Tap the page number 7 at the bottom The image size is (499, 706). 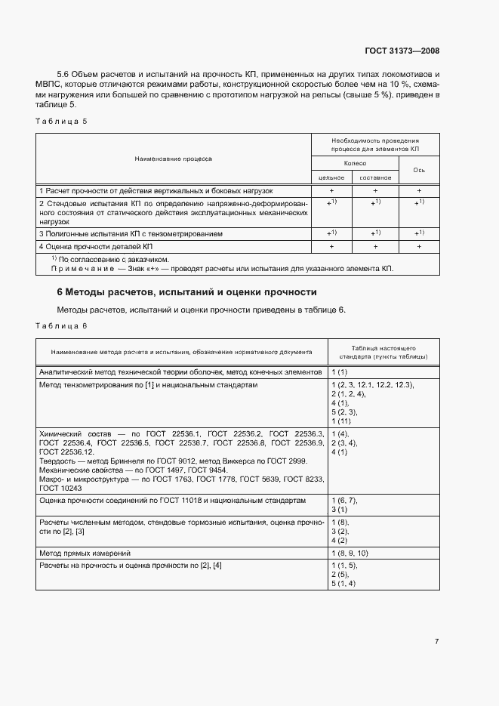pos(436,641)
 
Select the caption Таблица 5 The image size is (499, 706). pos(61,121)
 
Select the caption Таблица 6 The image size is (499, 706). pos(61,325)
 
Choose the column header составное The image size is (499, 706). pos(375,177)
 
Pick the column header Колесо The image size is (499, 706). pos(354,163)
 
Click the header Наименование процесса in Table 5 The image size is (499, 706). pos(174,159)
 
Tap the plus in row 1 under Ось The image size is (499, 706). pos(420,191)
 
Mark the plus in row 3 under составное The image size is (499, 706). pos(375,233)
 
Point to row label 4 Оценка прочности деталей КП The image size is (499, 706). pos(96,247)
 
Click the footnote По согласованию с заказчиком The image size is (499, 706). pos(113,258)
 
